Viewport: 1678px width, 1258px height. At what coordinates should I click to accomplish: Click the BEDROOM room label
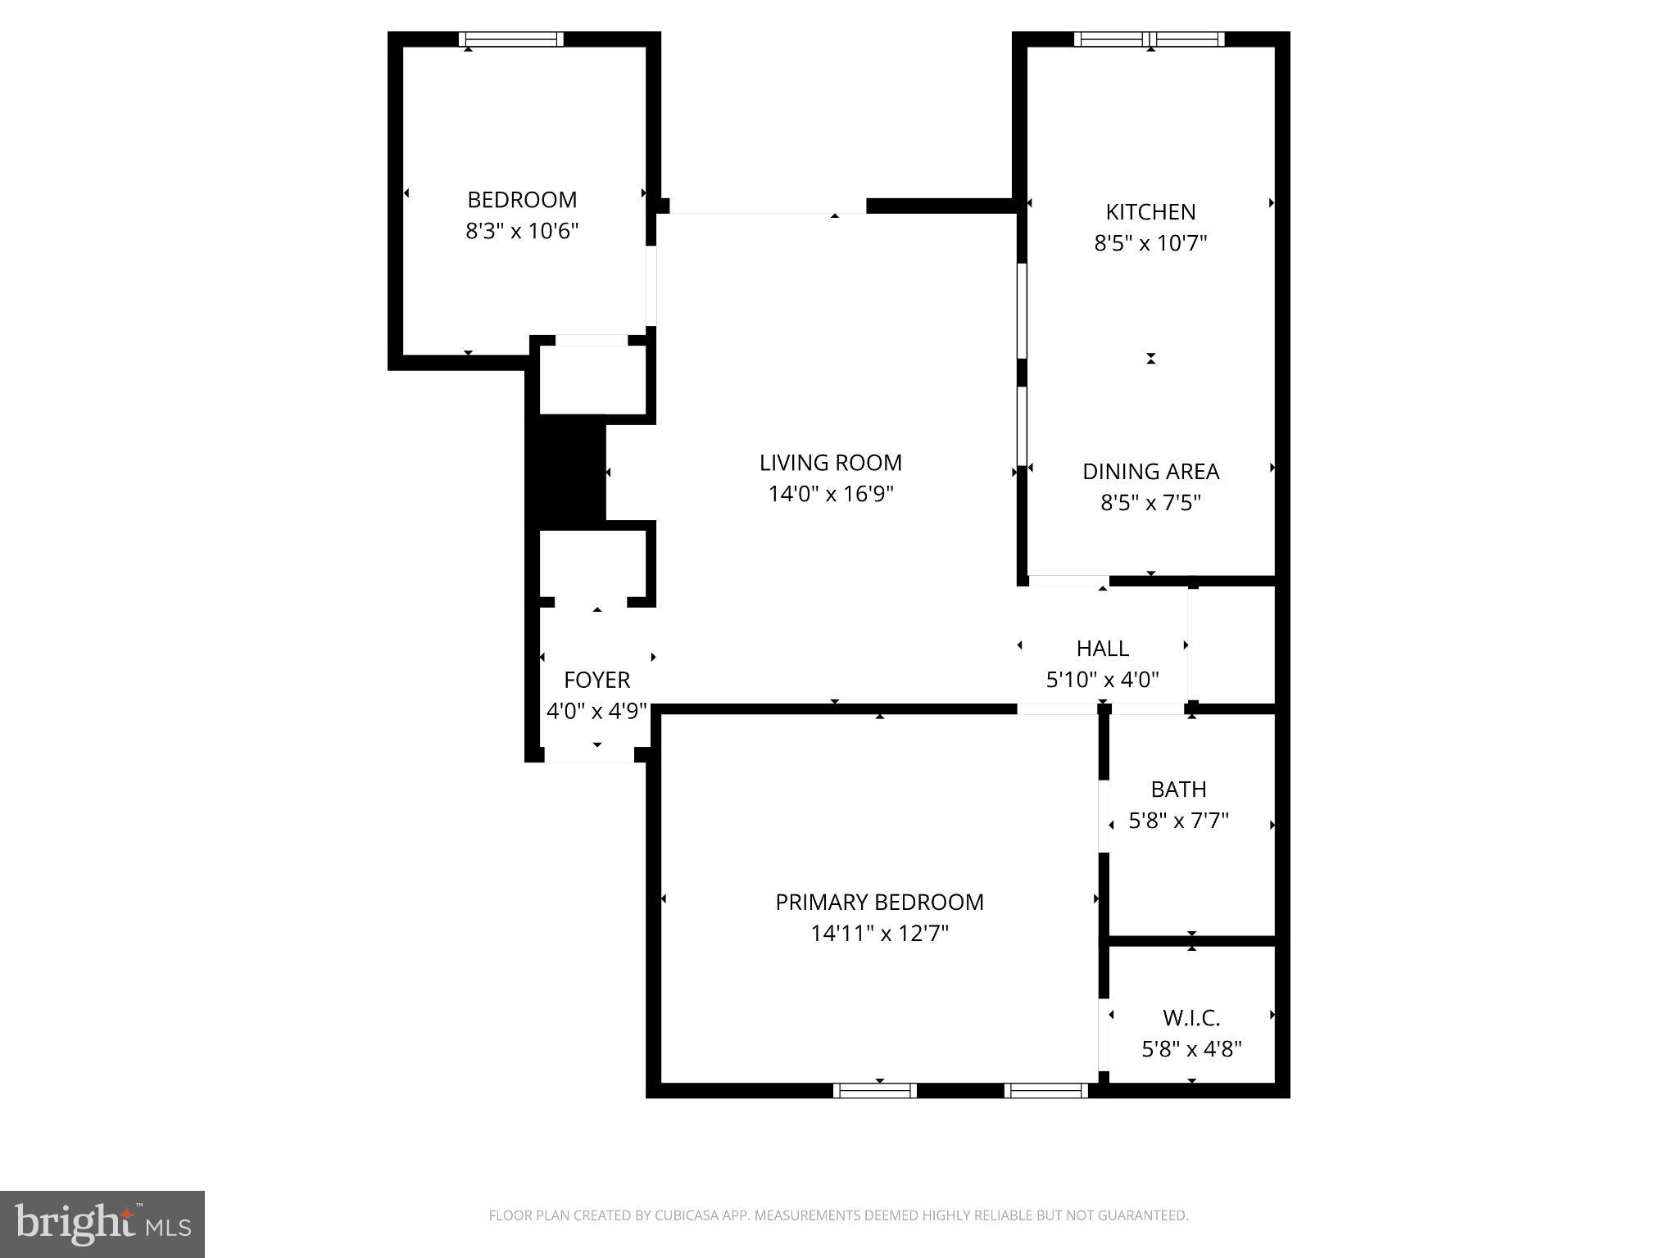pos(522,200)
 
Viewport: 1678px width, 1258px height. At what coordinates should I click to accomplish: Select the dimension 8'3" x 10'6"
pos(522,231)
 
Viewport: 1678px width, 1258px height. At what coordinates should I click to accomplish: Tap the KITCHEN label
pos(1150,212)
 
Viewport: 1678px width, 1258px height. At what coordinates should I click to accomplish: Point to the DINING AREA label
pos(1150,472)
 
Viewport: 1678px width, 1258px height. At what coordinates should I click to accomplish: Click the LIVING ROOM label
pos(830,463)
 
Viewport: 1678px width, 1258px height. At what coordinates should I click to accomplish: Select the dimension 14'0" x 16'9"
pos(830,494)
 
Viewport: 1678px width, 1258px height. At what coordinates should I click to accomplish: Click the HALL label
pos(1102,649)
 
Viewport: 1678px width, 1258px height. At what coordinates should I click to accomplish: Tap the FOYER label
pos(596,680)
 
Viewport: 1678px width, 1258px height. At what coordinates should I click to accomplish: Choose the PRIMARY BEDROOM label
pos(879,902)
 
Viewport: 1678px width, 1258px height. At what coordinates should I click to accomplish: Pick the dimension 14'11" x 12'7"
pos(879,934)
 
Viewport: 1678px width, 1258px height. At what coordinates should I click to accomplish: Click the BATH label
pos(1178,790)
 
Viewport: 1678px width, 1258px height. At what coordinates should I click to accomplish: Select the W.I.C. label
pos(1191,1018)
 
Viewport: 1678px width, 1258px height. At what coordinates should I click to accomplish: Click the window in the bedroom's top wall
pos(511,39)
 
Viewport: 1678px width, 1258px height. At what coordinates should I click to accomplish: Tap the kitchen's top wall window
pos(1150,39)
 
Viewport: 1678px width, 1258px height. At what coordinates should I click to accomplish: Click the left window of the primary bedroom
pos(874,1090)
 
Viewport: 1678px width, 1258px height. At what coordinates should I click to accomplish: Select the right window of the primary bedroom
pos(1045,1090)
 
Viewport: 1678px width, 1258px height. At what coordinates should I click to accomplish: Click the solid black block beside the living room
pos(570,471)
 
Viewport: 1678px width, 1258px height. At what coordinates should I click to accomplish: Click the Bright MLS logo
pos(102,1224)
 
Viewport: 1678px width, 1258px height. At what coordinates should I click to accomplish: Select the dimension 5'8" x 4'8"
pos(1191,1049)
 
